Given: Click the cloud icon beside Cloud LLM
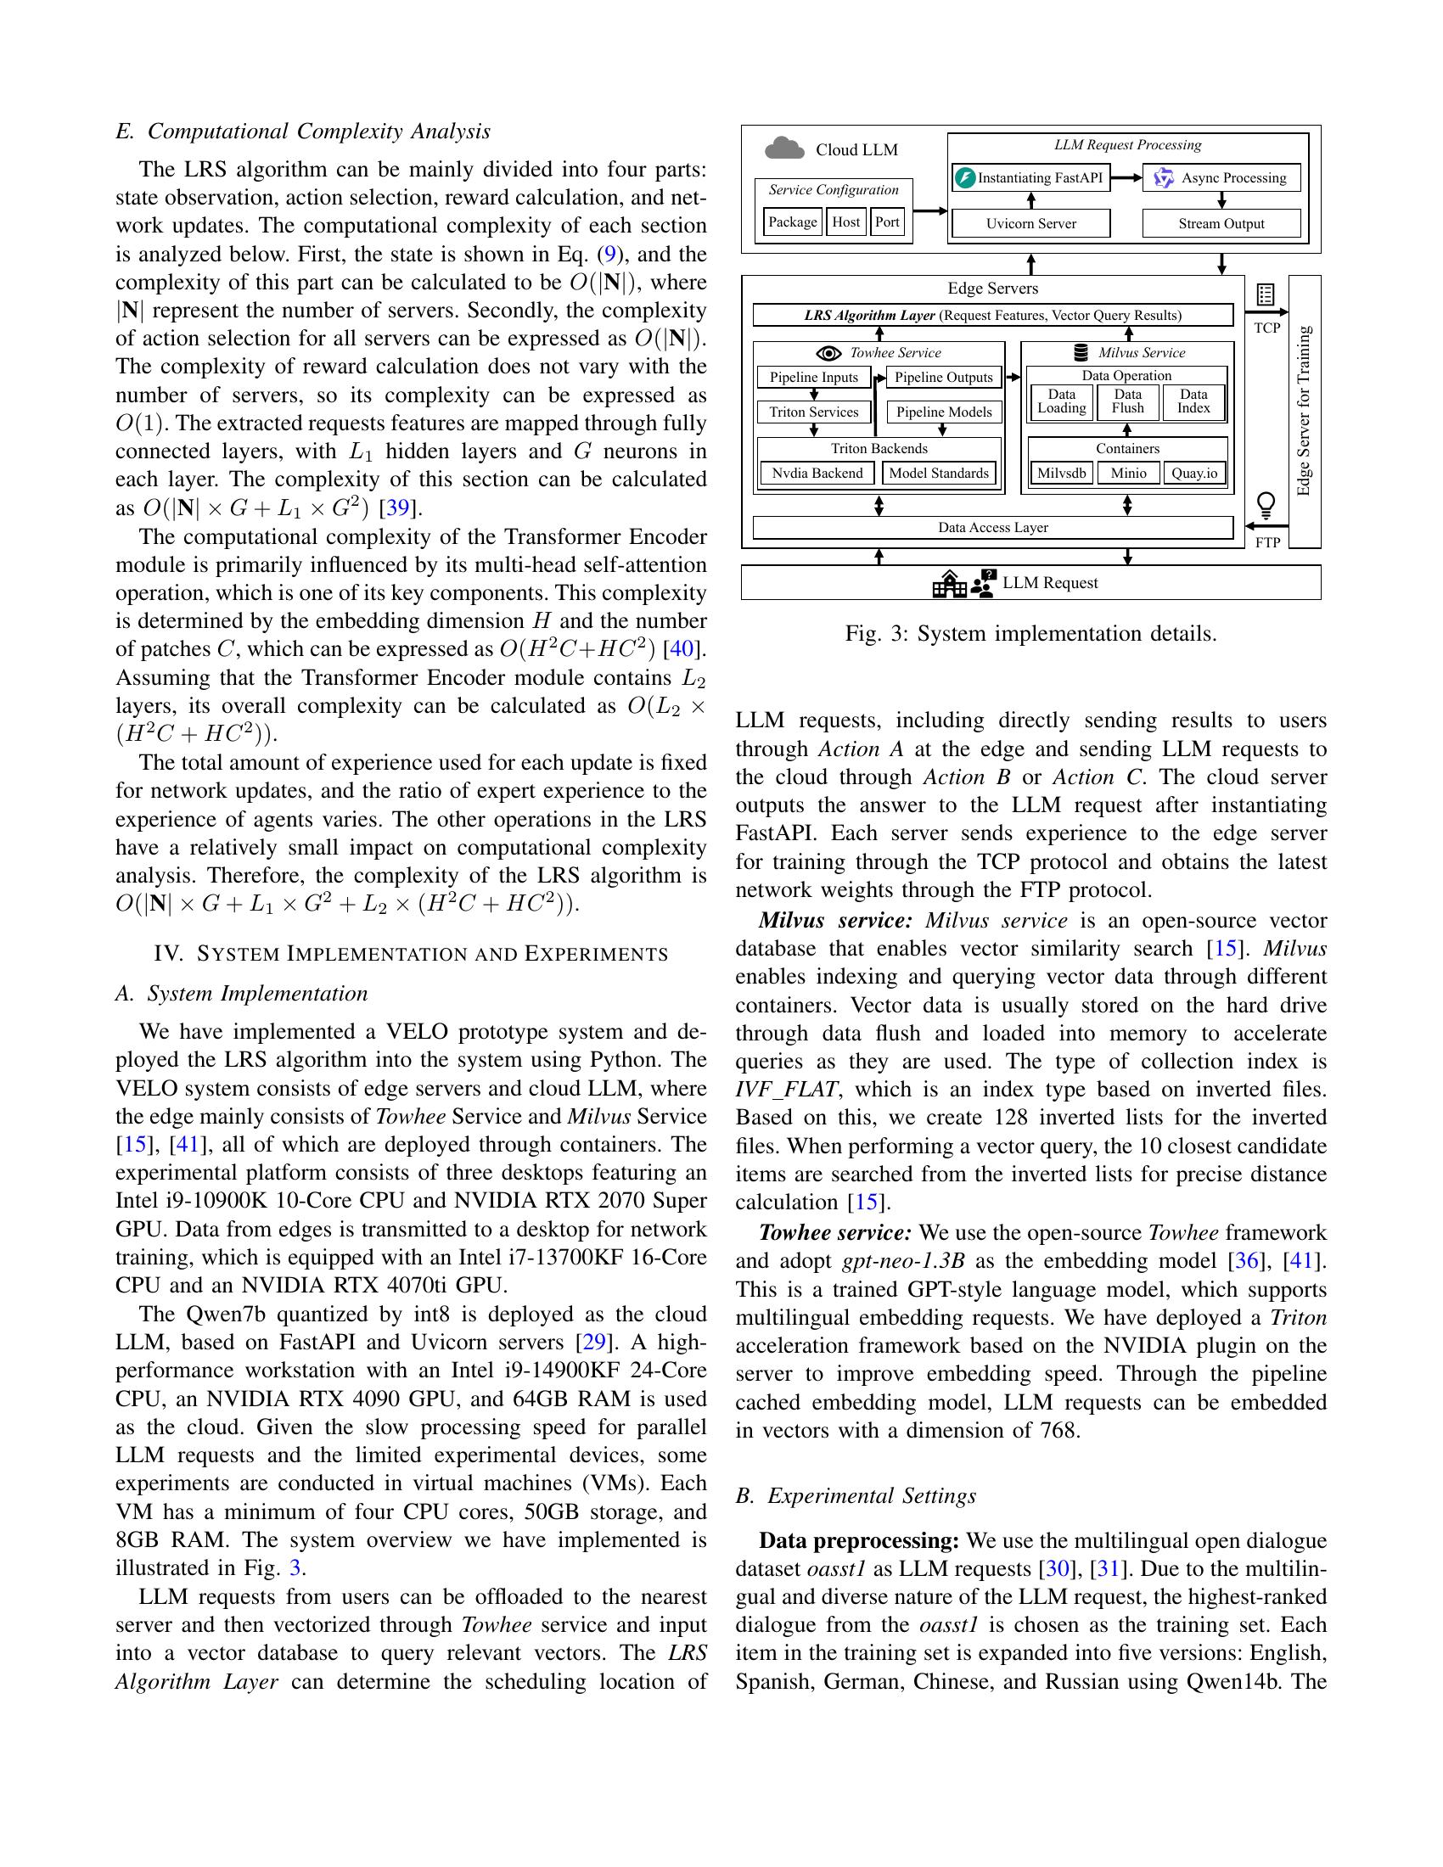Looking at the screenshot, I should (784, 149).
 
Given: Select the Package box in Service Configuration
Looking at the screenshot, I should (793, 222).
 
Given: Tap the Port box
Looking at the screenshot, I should (887, 222).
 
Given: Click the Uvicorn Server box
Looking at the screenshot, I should (1030, 224).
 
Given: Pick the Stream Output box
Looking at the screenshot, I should (1221, 224).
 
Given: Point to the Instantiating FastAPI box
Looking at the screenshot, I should (1030, 178).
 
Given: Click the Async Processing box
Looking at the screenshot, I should (1221, 178).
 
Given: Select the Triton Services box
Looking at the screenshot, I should (813, 412).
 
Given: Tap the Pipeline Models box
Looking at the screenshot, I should (944, 412).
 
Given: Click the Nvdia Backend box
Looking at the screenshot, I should (817, 474).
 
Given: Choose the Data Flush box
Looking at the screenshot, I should (1127, 401).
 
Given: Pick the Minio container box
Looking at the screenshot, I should (1127, 474).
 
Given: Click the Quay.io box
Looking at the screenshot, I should (1194, 474).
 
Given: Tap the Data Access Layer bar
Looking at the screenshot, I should (992, 528).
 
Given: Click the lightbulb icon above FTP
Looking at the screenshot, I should (1266, 505).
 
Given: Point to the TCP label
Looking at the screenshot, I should (1266, 328).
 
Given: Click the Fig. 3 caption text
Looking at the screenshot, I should (1030, 633).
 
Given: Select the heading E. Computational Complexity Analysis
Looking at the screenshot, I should (303, 132).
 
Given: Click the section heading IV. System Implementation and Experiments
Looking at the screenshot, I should (410, 954).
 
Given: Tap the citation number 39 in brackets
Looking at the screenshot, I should (397, 508).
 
